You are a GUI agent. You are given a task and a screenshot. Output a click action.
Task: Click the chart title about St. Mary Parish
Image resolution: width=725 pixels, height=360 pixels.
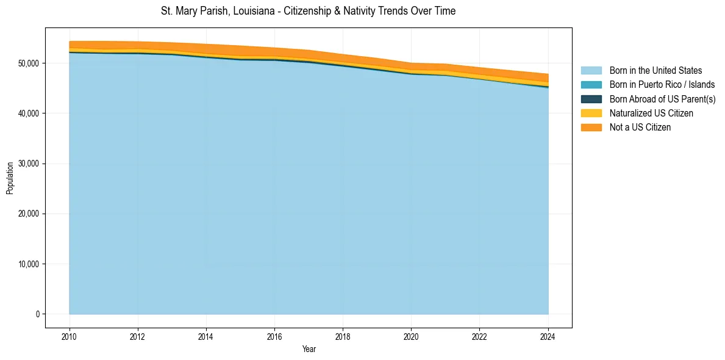click(x=308, y=11)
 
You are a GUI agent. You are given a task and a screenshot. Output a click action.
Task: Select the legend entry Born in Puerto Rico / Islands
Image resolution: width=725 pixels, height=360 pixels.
click(x=662, y=85)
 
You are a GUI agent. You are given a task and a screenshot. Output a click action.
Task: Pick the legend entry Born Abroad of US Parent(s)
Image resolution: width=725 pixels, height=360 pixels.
click(x=662, y=99)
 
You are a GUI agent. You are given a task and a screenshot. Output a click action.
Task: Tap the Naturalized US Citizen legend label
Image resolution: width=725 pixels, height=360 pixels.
click(x=651, y=113)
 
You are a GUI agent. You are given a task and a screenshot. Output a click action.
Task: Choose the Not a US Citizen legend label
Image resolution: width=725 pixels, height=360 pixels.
click(x=640, y=128)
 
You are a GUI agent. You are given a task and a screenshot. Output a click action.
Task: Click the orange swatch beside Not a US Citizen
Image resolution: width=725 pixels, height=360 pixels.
click(x=591, y=128)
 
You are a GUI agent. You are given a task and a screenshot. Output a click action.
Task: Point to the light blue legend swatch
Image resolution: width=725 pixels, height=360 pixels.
click(x=591, y=71)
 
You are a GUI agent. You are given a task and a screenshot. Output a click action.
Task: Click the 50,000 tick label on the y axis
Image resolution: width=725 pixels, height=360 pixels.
click(x=29, y=63)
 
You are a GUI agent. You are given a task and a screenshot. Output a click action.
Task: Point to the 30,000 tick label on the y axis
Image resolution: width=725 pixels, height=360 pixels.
click(x=29, y=164)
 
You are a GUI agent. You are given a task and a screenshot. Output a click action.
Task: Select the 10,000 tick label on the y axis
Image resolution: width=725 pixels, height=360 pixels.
click(x=29, y=264)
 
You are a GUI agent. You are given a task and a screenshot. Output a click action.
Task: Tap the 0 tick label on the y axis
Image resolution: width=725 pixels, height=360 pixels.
click(x=37, y=314)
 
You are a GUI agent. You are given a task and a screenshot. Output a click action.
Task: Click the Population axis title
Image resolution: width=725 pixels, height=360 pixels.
click(x=10, y=178)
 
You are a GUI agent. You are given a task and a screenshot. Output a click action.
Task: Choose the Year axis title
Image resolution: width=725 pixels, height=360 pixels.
click(x=309, y=349)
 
